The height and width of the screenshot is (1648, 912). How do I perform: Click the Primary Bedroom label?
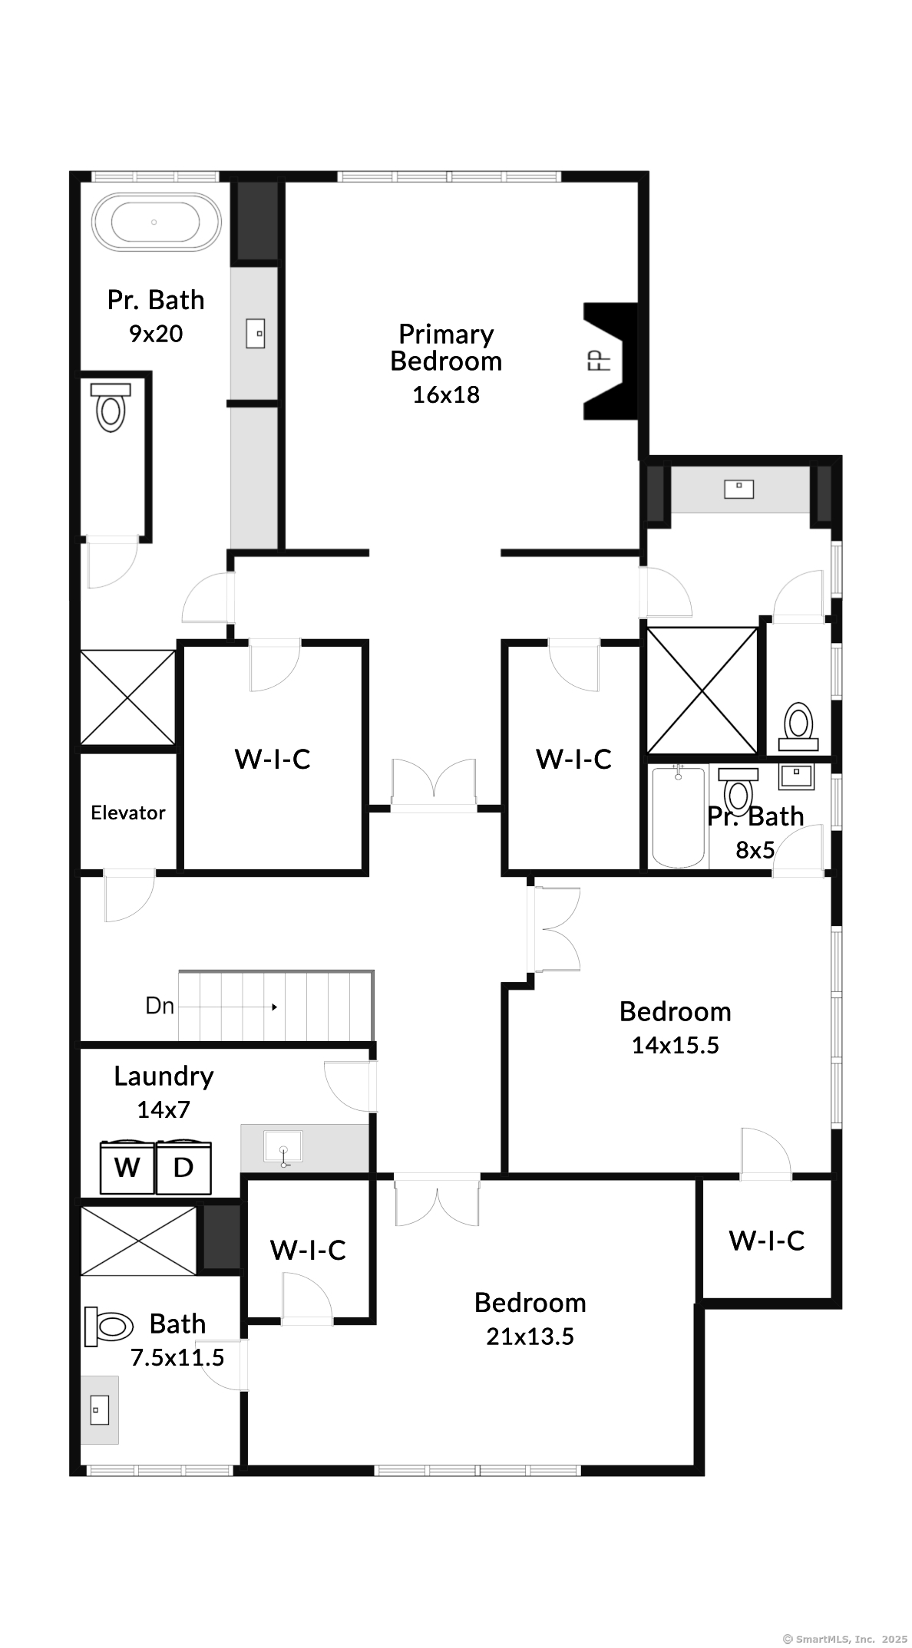446,348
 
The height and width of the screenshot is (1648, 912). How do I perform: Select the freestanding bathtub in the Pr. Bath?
156,222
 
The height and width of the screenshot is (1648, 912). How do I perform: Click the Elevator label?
128,812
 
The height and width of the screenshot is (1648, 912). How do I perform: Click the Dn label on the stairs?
160,1005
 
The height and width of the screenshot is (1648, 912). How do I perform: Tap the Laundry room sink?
283,1149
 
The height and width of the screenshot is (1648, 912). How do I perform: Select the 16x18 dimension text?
446,394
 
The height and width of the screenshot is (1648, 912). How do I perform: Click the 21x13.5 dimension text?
530,1336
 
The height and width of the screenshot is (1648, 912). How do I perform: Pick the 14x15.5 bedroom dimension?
676,1045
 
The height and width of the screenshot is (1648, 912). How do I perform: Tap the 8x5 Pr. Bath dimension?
755,849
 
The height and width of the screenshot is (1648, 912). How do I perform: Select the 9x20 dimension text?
156,334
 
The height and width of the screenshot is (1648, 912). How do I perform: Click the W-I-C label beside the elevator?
273,759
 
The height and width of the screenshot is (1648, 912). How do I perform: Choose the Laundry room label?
164,1076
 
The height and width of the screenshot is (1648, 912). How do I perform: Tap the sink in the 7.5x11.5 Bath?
100,1409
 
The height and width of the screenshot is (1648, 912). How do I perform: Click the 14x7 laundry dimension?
164,1109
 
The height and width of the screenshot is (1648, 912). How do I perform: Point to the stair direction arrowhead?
274,1007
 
